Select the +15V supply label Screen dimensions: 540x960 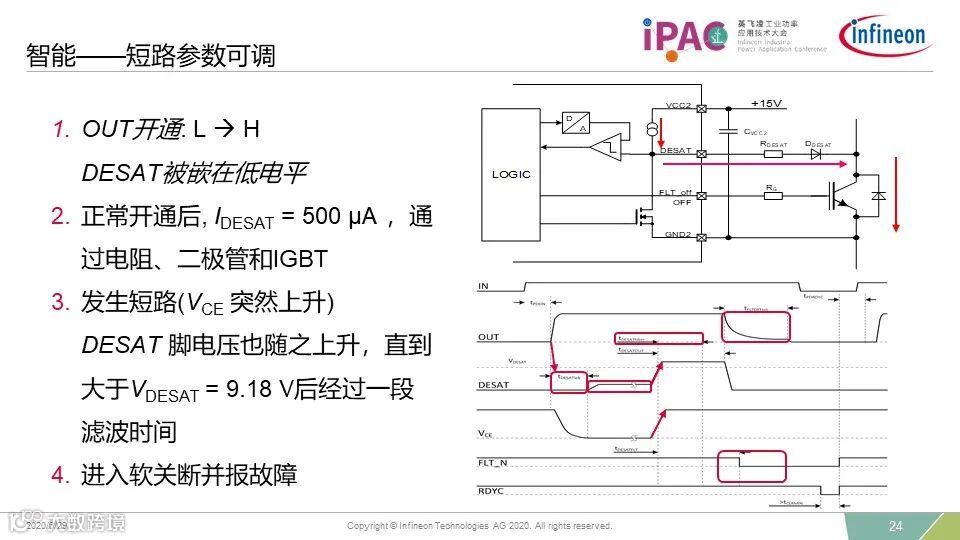pos(768,103)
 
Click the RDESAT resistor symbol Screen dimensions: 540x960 pos(772,154)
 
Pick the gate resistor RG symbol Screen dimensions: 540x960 pos(772,195)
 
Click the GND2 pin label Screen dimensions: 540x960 pos(679,235)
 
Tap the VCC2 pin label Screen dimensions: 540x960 pos(679,105)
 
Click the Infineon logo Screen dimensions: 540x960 pos(887,35)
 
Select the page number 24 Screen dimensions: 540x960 pos(896,526)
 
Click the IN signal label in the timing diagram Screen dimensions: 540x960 pos(484,286)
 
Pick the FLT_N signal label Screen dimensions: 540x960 pos(494,462)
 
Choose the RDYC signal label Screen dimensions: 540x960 pos(491,490)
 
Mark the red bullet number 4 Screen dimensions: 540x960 pos(59,475)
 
